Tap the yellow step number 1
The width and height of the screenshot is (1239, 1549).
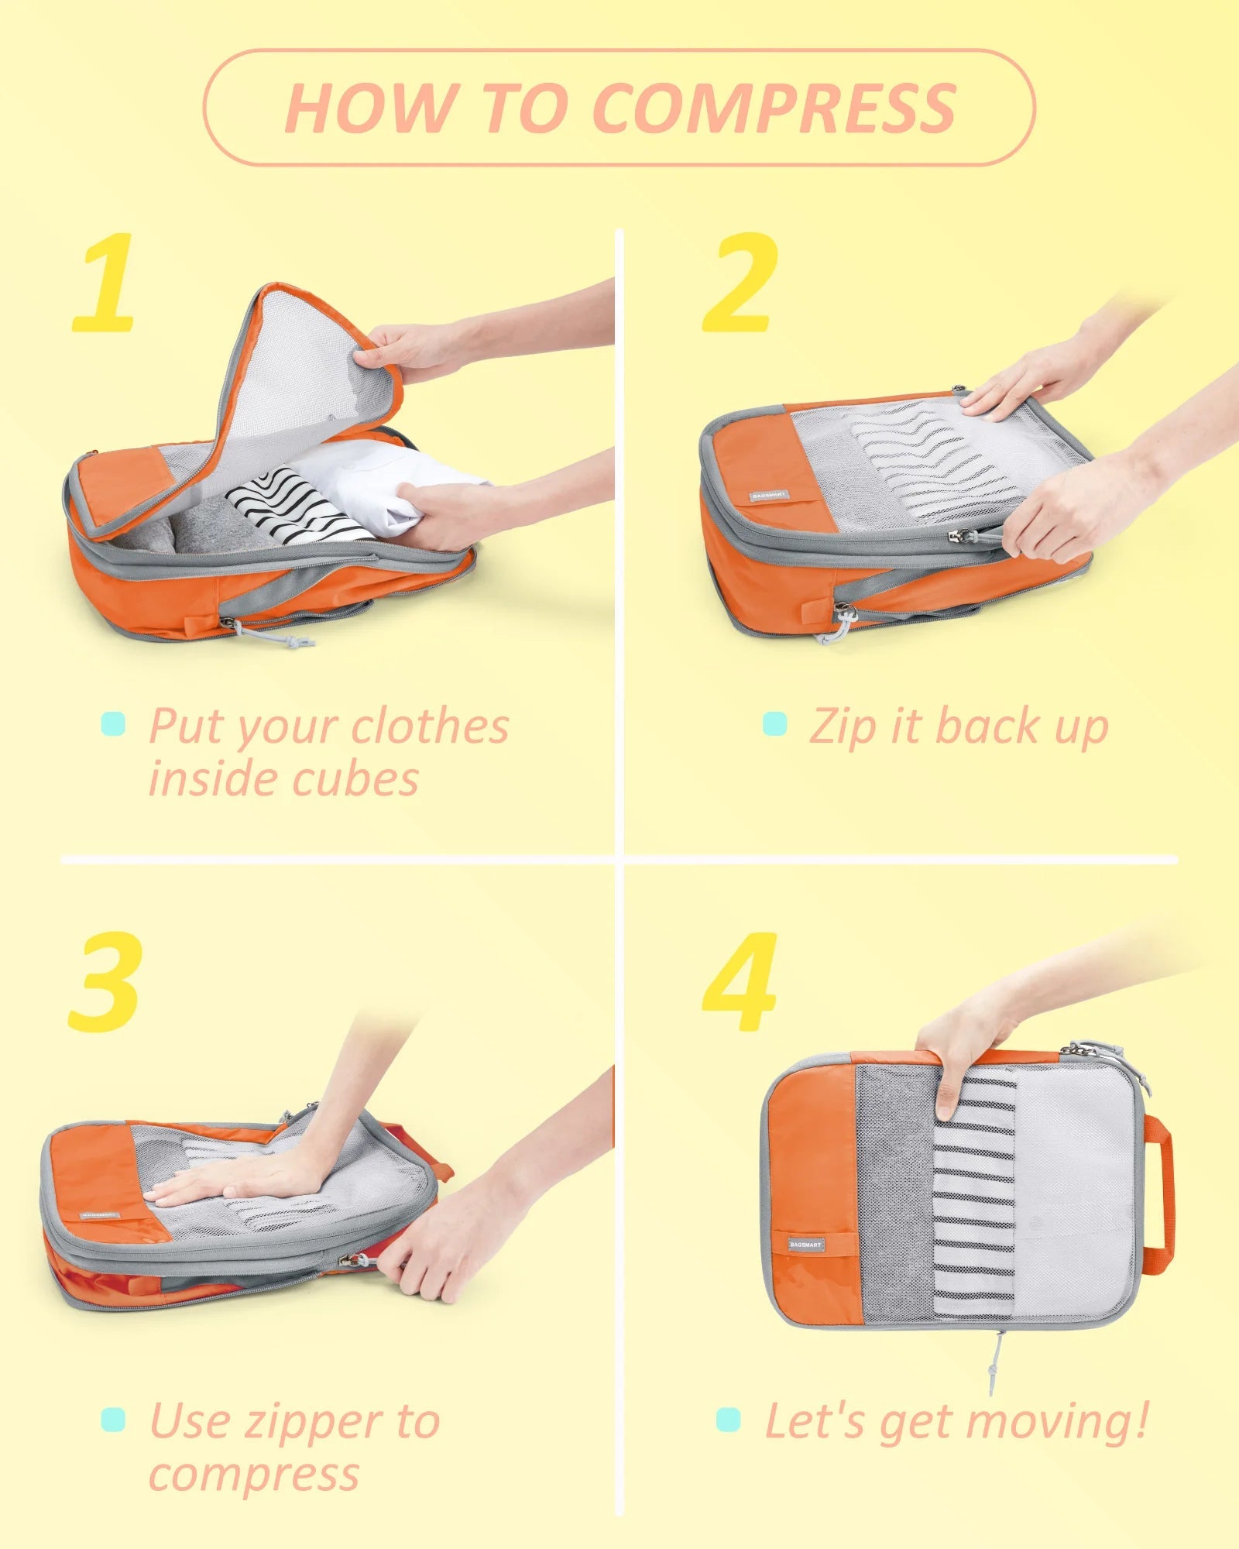(105, 284)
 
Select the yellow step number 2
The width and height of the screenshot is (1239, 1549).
(740, 284)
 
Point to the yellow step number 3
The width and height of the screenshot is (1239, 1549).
(106, 982)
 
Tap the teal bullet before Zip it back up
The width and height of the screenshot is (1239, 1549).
(774, 724)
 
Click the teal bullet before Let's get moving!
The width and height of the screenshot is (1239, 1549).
(728, 1420)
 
